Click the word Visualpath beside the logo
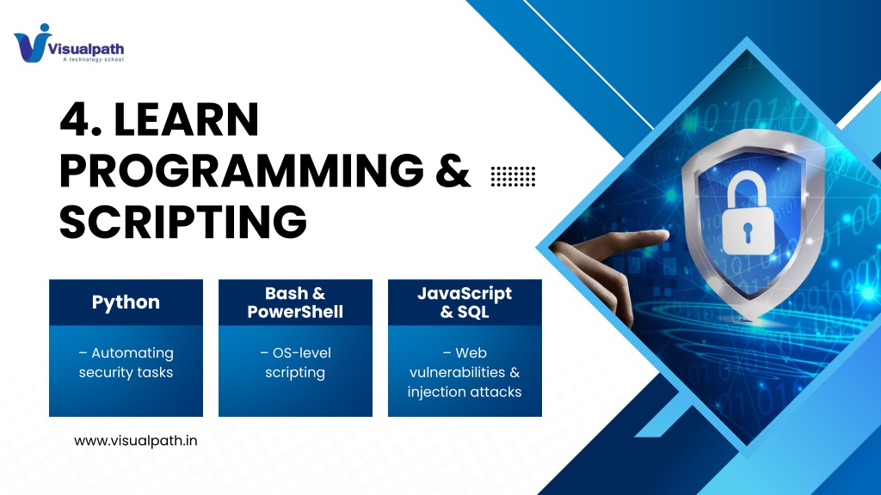[86, 49]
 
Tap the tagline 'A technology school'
[93, 59]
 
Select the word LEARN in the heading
[187, 119]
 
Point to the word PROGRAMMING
[242, 170]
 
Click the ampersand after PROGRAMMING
[453, 170]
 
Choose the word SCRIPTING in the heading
[183, 221]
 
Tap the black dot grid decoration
[513, 176]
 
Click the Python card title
[126, 302]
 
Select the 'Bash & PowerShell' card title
[295, 302]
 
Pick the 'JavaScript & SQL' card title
[465, 302]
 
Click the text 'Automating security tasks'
[126, 363]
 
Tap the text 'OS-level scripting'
[295, 363]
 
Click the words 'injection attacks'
[465, 392]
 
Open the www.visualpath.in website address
[136, 441]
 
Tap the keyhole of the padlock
[748, 232]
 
